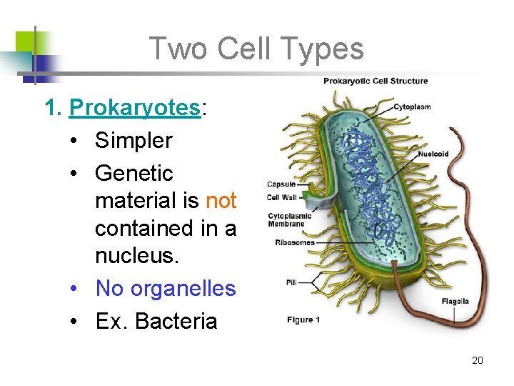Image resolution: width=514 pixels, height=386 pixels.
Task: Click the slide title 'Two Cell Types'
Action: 256,49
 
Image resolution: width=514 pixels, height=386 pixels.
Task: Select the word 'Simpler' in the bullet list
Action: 133,141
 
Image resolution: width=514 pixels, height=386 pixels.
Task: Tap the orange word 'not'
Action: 221,201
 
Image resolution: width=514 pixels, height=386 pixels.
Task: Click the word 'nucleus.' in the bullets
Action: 135,256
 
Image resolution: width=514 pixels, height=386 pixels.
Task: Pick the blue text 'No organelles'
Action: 165,289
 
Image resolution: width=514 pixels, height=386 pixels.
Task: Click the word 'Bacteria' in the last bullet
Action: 176,322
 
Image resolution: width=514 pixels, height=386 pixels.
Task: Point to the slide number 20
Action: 478,360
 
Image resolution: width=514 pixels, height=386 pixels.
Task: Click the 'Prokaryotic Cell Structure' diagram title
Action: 376,81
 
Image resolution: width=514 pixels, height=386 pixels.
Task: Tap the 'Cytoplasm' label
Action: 412,107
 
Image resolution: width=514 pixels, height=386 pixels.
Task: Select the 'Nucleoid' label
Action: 433,153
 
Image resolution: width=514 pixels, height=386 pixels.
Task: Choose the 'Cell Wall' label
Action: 282,197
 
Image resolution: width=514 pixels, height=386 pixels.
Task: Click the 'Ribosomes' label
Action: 295,242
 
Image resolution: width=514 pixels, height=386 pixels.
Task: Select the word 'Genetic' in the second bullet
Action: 133,174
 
